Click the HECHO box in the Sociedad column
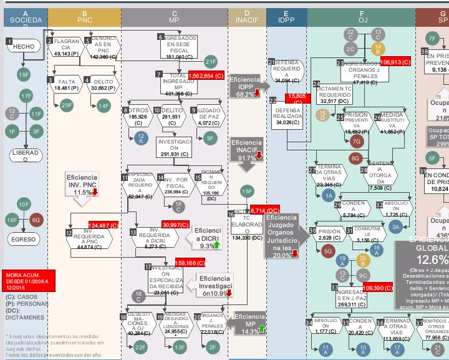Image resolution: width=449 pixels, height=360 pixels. tap(23, 46)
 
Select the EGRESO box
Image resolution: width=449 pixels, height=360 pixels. tap(23, 239)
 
